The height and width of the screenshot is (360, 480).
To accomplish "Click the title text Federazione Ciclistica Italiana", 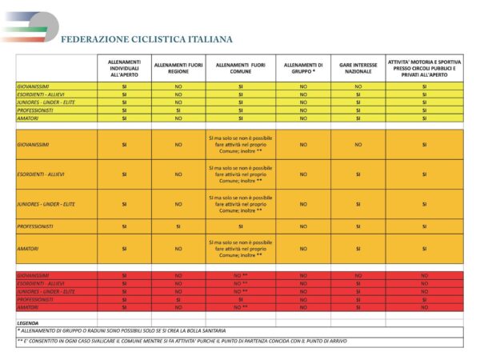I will coord(146,38).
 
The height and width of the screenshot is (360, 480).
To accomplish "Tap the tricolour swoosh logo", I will coord(28,26).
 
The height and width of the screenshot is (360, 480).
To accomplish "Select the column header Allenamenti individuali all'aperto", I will coord(124,68).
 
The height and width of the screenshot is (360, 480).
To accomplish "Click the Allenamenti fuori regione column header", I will coord(178,68).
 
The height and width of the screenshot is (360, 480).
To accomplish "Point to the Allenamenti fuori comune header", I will coord(240,68).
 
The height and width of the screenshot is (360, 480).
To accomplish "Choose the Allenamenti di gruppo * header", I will coord(303,68).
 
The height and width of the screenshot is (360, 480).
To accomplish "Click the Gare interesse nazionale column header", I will coord(358,68).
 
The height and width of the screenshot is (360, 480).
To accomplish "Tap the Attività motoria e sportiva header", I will coord(424,68).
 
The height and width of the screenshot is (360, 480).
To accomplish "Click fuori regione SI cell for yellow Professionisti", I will coord(178,110).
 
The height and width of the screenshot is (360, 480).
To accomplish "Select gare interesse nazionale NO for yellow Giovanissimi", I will coord(358,86).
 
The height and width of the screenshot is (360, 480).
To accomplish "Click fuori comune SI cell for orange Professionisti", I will coord(240,226).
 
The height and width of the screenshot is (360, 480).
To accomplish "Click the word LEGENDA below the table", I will coord(28,323).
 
